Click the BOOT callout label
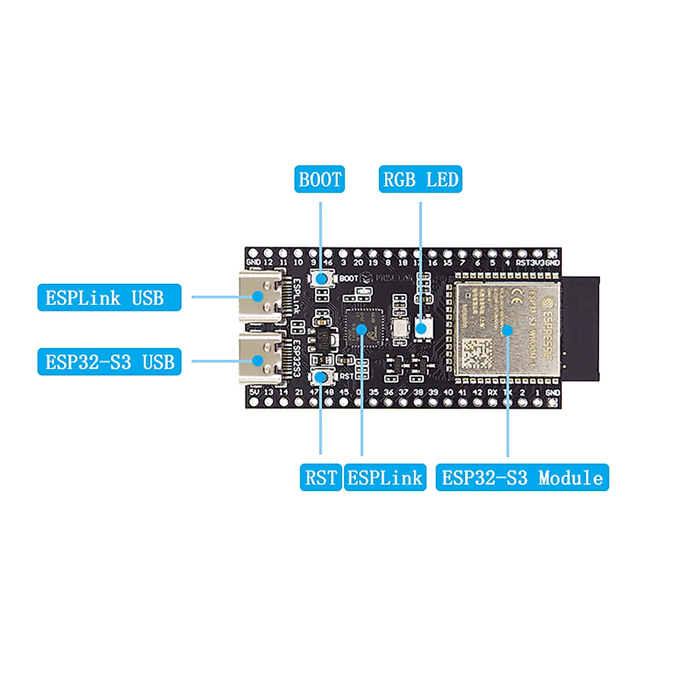pos(319,180)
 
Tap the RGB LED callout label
pos(420,180)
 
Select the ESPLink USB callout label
pos(109,298)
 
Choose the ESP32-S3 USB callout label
pos(109,362)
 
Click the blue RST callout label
pos(321,477)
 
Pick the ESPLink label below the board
pos(385,477)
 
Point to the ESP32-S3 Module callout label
pos(522,477)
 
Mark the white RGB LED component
pos(421,328)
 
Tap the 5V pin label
pos(253,392)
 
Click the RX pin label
pos(492,392)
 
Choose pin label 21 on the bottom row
pos(298,392)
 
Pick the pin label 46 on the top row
pos(328,263)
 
